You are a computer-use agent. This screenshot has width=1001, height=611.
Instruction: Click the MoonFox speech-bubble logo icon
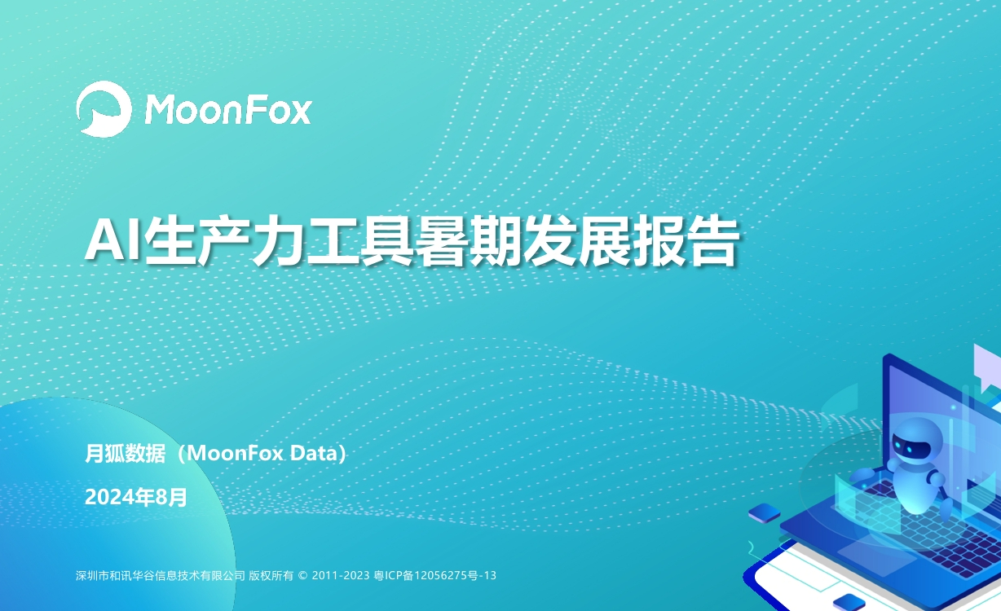104,108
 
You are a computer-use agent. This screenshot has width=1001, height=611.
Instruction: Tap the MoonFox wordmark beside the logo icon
228,109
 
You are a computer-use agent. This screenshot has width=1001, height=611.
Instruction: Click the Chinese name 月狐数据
126,454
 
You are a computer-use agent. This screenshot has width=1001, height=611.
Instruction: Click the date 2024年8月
136,497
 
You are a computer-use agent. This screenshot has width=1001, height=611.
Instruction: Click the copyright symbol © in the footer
302,575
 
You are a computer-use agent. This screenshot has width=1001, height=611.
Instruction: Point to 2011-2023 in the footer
341,575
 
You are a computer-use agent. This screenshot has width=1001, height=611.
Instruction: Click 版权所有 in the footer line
271,575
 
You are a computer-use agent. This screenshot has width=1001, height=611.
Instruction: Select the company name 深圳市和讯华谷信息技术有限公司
161,575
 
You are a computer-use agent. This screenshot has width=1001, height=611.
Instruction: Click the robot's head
915,442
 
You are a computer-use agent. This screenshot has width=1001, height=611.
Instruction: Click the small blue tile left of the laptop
764,512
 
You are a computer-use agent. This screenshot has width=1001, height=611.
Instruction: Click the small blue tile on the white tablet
849,601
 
